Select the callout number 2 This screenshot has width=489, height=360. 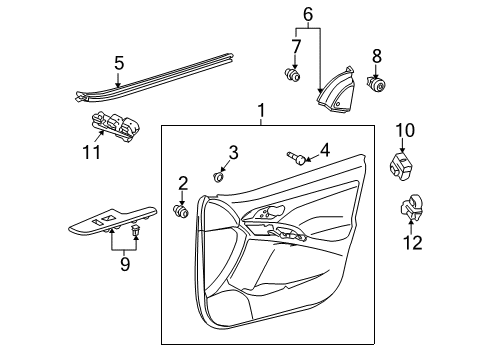(183, 181)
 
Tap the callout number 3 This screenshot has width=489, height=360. (233, 152)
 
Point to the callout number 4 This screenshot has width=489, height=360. (324, 151)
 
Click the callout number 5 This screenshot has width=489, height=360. (118, 63)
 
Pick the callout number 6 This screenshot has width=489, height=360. (308, 13)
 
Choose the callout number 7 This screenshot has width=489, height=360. (295, 46)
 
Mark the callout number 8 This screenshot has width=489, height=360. (377, 56)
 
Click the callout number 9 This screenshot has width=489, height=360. (124, 264)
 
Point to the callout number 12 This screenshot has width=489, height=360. (412, 242)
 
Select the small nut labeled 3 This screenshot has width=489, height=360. (219, 177)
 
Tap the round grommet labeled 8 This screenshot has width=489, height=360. (378, 86)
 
